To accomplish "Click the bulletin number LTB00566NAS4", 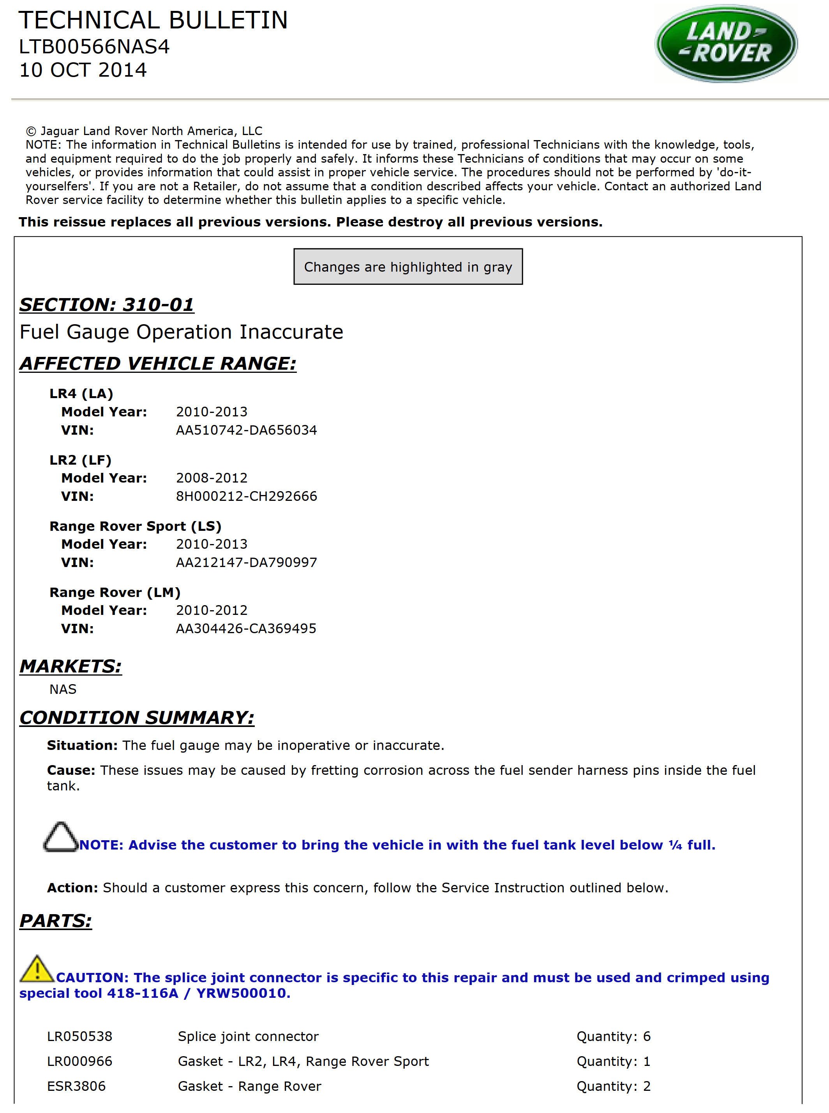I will (94, 47).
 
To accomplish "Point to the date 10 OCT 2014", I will (83, 70).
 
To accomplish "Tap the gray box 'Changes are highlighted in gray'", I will (408, 267).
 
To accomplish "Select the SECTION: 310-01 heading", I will (106, 305).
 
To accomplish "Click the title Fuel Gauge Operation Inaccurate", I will (181, 332).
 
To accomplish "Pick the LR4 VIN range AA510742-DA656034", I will (246, 430).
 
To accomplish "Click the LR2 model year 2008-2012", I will (212, 478).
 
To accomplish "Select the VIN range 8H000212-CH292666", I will (246, 496).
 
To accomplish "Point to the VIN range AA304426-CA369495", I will (246, 629).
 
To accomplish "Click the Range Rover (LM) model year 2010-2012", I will (212, 610).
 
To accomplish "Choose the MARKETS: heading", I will (71, 666).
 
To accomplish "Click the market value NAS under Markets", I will (63, 689).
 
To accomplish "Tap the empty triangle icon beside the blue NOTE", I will (61, 837).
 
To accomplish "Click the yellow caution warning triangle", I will (37, 969).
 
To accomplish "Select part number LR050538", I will (80, 1036).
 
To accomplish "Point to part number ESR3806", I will (76, 1086).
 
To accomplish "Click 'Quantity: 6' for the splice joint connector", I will (613, 1036).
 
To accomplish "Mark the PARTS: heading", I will (56, 921).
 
